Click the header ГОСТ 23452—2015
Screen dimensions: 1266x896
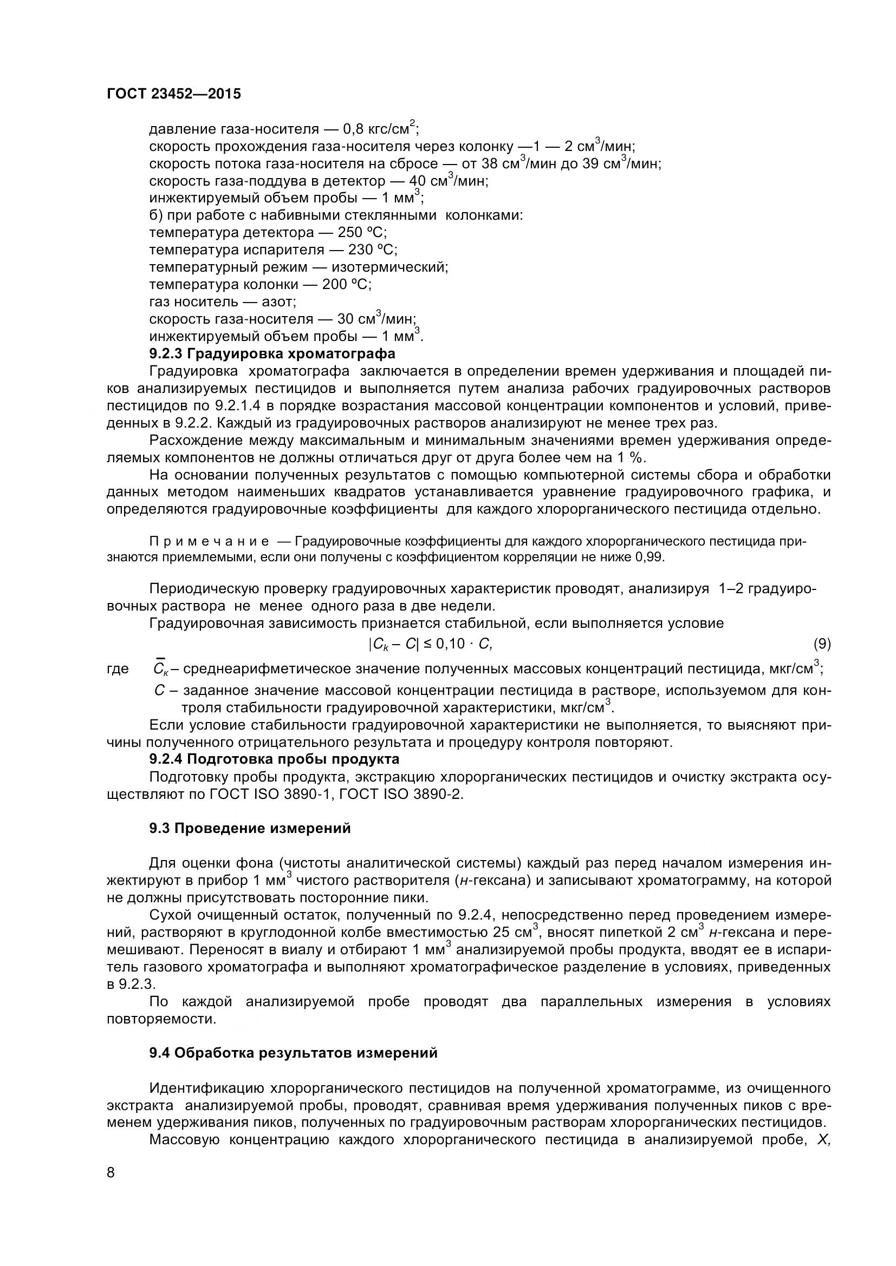[174, 94]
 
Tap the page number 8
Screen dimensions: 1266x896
[111, 1188]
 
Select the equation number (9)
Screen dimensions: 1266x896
[822, 644]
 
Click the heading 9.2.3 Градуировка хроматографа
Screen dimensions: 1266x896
[272, 353]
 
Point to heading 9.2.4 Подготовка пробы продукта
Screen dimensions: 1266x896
[274, 759]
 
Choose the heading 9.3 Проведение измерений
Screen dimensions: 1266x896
[249, 829]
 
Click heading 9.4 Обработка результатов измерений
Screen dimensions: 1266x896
[293, 1053]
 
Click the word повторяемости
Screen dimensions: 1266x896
[160, 1019]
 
